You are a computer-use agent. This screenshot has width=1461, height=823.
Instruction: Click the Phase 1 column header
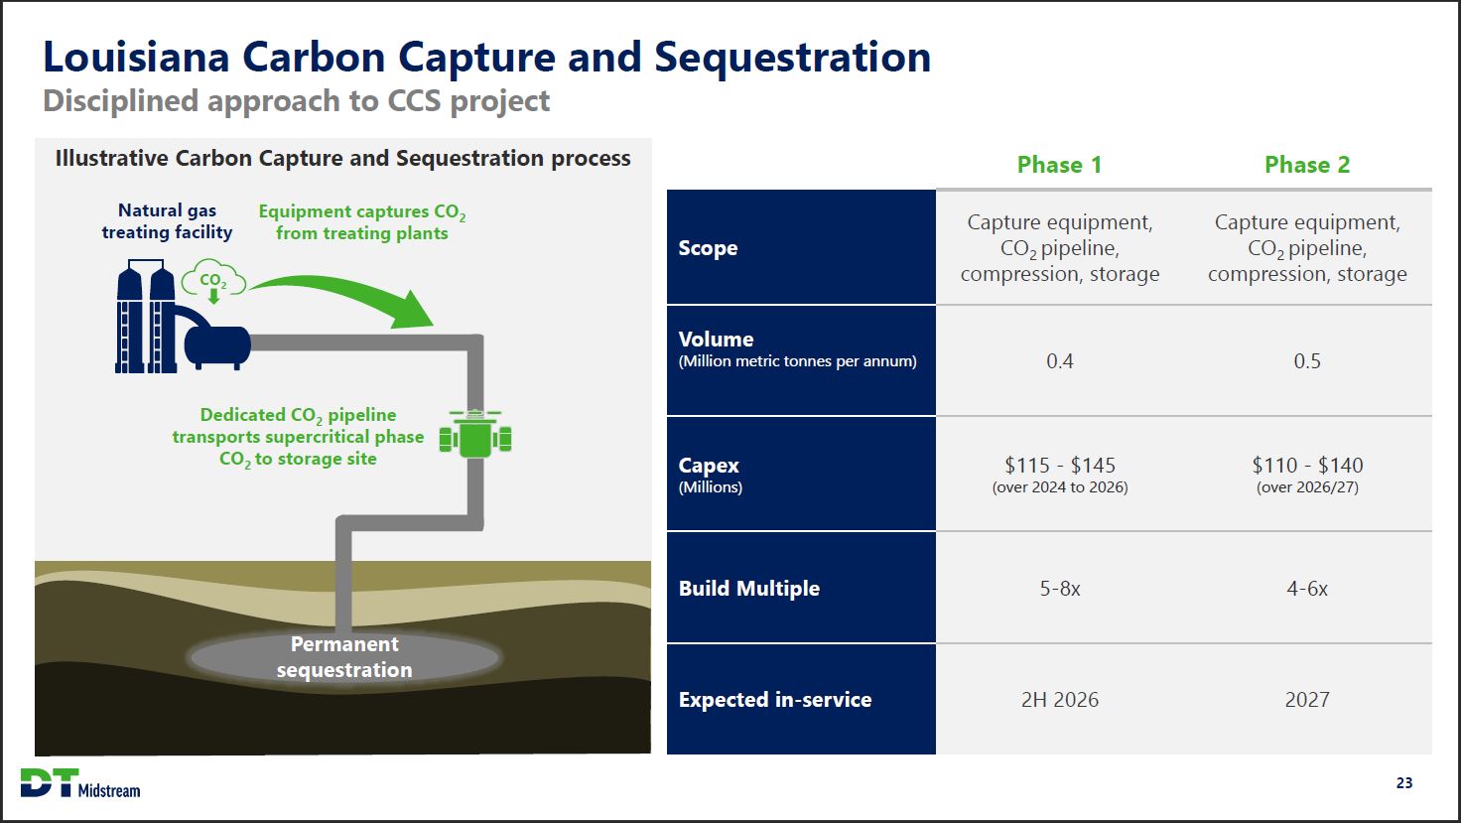pos(1059,165)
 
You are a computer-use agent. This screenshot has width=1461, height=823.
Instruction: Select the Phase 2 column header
pos(1306,165)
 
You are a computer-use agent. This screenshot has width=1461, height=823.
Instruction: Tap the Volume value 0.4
pos(1059,361)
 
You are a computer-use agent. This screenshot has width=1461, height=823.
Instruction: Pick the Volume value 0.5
pos(1306,361)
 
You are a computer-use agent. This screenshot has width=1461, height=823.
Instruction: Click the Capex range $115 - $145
pos(1059,465)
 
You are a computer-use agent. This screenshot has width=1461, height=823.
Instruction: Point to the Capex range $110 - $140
pos(1306,465)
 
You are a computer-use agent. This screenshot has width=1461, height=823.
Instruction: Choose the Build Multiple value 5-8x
pos(1059,589)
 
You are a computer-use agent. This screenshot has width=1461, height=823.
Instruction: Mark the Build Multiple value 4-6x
pos(1306,589)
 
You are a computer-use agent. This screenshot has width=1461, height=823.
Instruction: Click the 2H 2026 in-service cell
pos(1059,700)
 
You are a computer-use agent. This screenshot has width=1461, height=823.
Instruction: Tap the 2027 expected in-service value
pos(1306,700)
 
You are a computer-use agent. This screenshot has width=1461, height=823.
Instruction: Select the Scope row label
pos(708,248)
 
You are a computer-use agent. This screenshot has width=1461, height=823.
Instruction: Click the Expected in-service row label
pos(774,700)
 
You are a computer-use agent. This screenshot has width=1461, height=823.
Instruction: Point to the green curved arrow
pos(347,294)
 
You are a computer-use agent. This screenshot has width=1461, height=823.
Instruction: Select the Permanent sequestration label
pos(344,657)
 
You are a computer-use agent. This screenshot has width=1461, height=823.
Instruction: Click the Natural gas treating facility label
pos(167,221)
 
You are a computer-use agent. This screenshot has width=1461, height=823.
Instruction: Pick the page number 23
pos(1403,783)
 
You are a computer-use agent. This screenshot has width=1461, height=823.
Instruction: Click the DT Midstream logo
pos(80,783)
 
